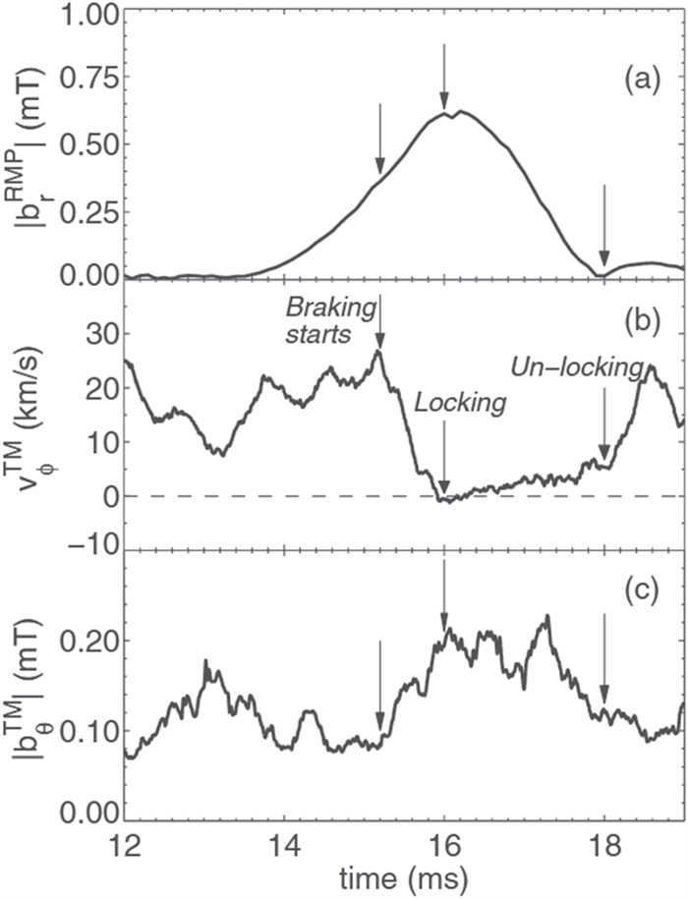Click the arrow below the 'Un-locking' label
coord(604,422)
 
